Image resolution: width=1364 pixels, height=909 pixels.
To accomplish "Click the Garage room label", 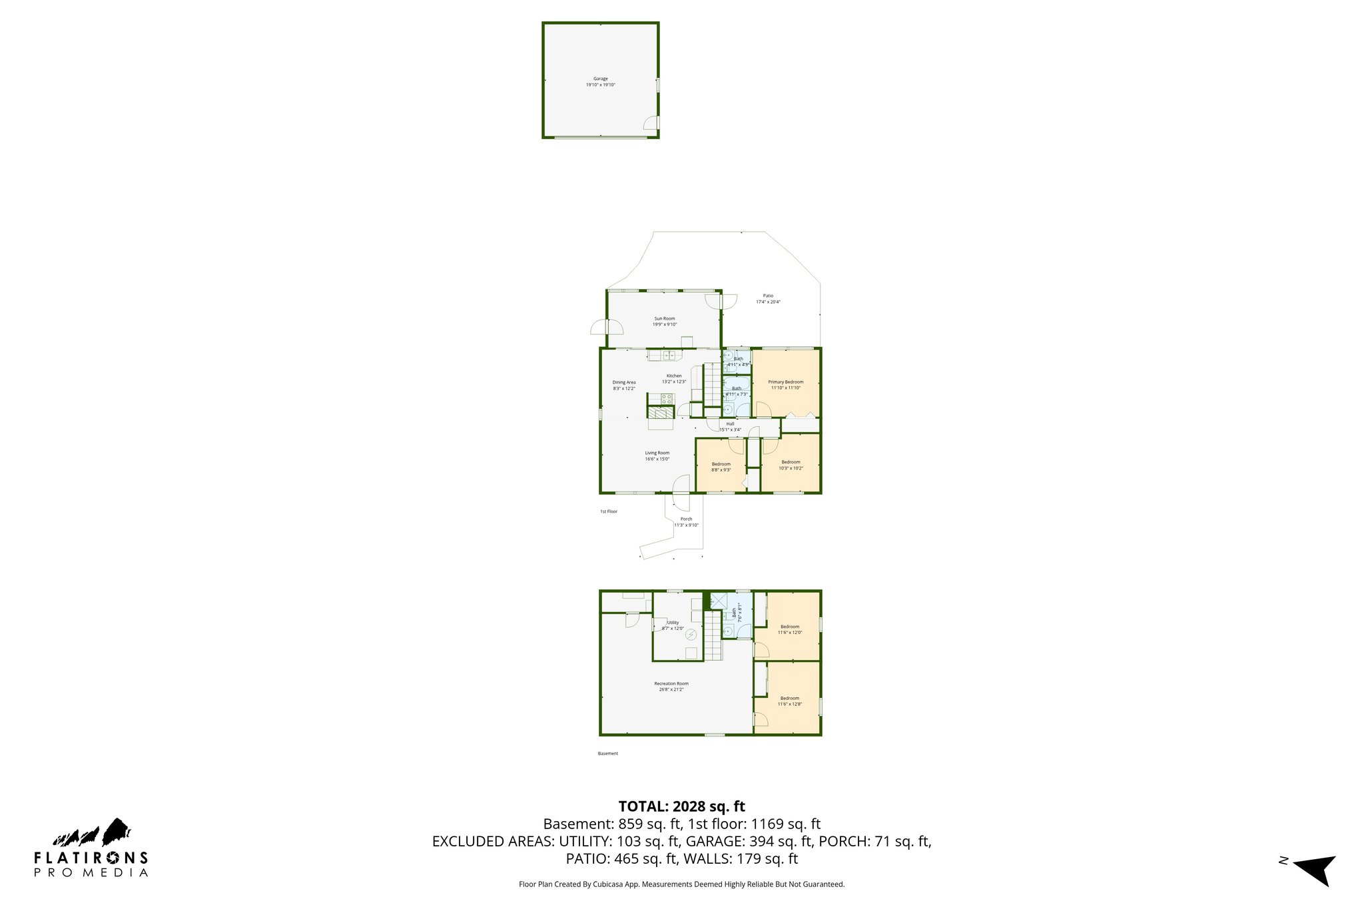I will point(600,79).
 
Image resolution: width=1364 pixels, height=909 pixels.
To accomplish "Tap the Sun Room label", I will point(664,319).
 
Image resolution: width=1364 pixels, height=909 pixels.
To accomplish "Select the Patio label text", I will point(768,296).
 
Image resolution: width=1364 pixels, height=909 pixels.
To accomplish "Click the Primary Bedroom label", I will point(785,382).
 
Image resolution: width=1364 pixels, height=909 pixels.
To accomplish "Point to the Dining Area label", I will point(624,383).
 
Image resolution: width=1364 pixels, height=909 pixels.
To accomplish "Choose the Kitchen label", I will point(674,376).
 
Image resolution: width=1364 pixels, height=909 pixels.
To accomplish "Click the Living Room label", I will point(657,454).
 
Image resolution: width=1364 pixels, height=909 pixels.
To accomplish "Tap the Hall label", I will point(730,424).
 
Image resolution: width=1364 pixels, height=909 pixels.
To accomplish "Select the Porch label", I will point(686,519).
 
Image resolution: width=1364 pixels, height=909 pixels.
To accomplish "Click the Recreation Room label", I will point(671,684).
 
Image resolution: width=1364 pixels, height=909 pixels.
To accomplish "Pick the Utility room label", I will point(673,623).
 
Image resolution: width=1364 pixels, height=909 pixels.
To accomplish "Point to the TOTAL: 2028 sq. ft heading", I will point(681,806).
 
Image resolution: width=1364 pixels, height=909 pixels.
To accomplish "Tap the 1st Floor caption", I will point(609,511).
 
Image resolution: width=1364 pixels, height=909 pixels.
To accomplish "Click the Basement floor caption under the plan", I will point(607,754).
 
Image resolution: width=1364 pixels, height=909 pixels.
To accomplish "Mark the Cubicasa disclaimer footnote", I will point(681,884).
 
